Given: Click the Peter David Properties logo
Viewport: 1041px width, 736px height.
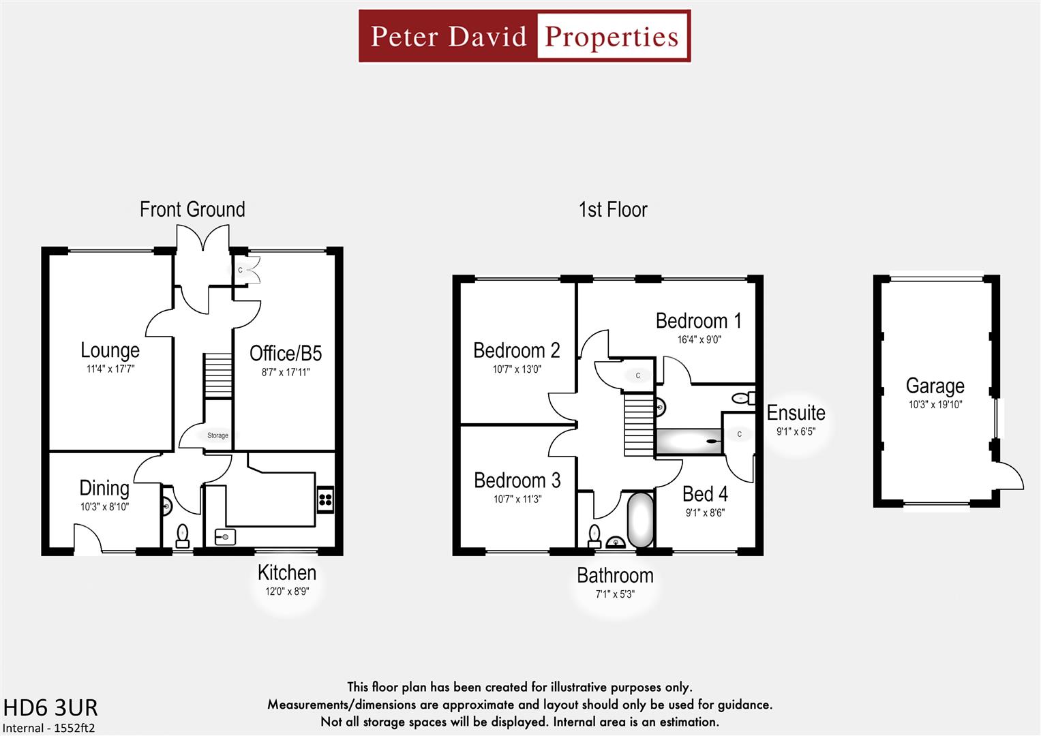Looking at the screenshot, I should pos(524,36).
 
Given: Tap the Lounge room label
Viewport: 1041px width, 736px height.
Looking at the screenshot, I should pos(110,350).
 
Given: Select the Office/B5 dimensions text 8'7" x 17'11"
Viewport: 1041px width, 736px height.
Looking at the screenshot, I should pos(286,372).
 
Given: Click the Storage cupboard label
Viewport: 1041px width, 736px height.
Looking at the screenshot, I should pos(217,435).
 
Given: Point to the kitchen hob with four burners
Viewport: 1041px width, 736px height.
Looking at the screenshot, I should pos(325,500).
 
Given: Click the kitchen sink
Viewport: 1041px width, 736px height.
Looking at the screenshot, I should pos(224,536).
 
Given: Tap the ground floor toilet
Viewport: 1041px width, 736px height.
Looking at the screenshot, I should pos(182,536).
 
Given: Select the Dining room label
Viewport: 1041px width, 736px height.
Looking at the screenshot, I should pos(104,488).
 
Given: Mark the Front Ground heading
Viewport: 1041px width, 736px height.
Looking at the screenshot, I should pos(192,209).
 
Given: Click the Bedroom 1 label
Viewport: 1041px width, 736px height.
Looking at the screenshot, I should pos(698,321).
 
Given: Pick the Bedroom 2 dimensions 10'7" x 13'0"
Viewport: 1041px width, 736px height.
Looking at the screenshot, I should pos(517,369).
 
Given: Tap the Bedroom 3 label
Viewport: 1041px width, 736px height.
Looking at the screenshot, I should pos(517,480).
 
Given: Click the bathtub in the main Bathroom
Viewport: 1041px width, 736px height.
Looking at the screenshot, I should pos(640,520).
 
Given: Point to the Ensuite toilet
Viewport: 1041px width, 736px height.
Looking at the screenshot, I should pos(742,398).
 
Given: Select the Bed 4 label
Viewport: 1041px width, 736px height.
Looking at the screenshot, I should pos(705,494).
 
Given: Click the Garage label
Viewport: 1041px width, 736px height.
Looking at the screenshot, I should pos(935,386).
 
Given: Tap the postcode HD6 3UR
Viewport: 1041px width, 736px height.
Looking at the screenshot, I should pos(50,707).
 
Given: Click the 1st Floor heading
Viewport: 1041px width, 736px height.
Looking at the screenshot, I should pos(613,209).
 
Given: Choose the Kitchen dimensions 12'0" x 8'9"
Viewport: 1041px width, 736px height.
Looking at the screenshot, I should pos(287,592).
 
